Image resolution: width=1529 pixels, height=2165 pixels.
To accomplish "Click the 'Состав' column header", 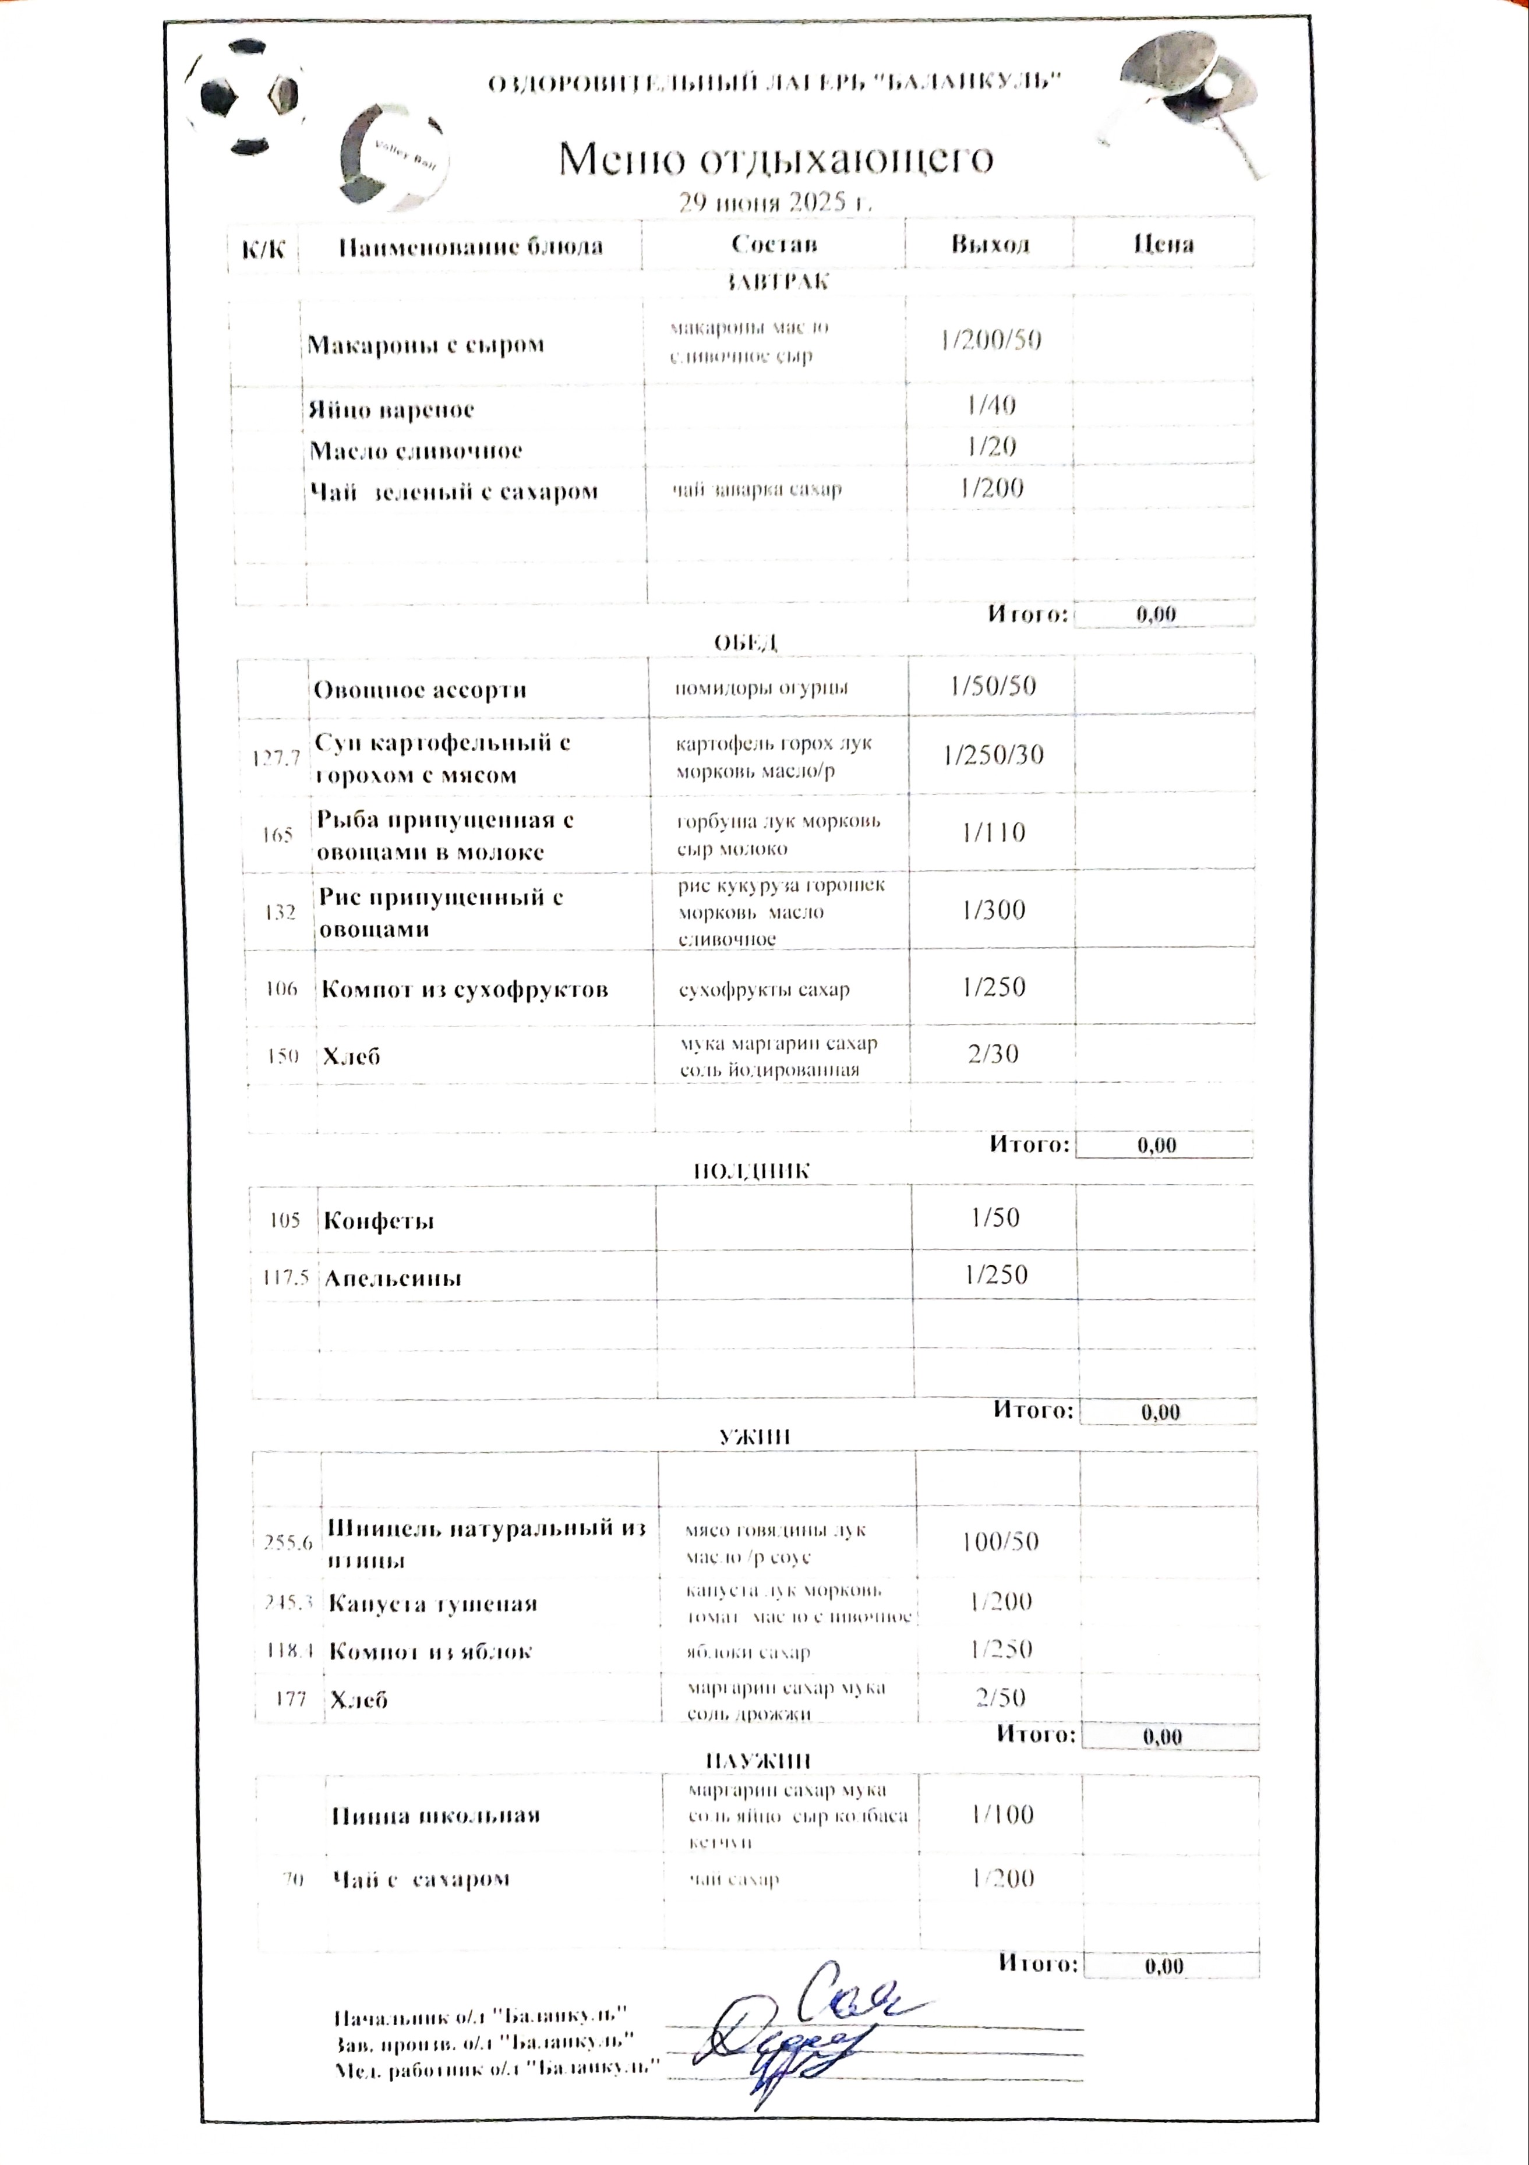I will [x=774, y=244].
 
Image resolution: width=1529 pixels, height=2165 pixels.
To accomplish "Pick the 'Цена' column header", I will [x=1163, y=244].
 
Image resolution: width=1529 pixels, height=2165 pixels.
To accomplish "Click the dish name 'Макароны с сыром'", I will [x=425, y=344].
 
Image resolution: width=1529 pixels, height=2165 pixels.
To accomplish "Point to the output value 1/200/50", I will [x=990, y=340].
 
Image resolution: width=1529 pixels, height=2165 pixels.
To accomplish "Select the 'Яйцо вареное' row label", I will [x=390, y=410].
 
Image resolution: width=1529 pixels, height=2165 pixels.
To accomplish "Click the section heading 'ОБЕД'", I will [x=745, y=642].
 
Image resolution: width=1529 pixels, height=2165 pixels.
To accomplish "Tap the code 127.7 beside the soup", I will [x=276, y=757].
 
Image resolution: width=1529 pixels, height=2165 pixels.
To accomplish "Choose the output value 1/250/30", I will [x=993, y=754].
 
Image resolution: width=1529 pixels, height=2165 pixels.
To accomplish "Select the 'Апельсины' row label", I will [x=393, y=1278].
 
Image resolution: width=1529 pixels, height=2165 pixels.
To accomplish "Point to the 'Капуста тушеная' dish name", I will [x=432, y=1604].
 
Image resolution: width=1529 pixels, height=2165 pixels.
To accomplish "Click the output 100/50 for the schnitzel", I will [x=1000, y=1542].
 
